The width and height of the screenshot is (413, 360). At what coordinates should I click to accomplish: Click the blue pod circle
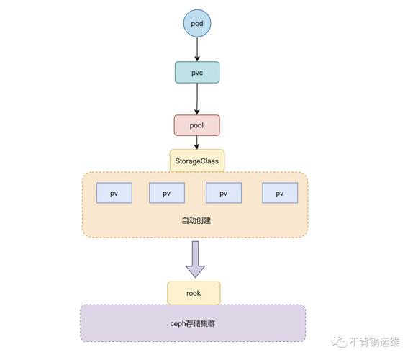tap(196, 24)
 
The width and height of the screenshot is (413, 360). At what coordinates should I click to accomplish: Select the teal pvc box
tap(196, 72)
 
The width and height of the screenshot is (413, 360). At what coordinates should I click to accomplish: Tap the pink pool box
tap(196, 125)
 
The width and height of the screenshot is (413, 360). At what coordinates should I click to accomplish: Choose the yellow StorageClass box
tap(196, 161)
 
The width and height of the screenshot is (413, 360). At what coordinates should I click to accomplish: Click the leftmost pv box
tap(114, 193)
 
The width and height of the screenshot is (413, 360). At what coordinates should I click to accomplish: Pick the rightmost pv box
tap(280, 193)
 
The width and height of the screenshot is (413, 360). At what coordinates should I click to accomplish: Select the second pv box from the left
tap(166, 193)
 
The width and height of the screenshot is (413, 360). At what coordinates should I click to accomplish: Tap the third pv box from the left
tap(223, 193)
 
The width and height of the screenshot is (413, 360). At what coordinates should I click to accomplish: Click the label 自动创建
tap(196, 220)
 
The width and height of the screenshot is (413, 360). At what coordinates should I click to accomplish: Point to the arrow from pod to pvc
tap(196, 48)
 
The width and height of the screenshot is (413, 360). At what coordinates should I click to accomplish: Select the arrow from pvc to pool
tap(196, 98)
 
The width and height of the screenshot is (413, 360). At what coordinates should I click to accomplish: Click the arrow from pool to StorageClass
tap(196, 143)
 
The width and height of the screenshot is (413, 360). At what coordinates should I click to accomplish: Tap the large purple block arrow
tap(195, 260)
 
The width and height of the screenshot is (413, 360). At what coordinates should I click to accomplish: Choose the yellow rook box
tap(194, 293)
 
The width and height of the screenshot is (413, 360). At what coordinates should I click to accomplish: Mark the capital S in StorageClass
tap(177, 161)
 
